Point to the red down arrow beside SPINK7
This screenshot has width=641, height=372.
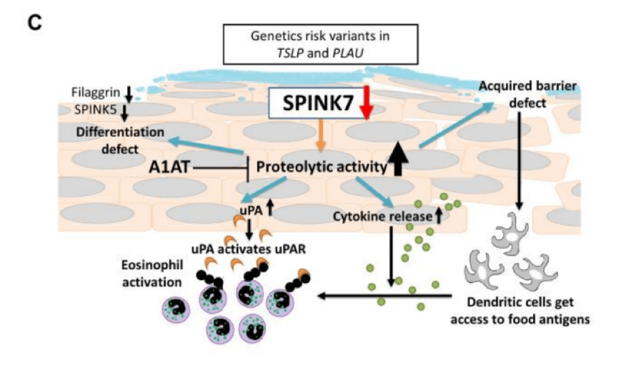(x=368, y=104)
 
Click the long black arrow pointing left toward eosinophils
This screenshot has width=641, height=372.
(x=387, y=295)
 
